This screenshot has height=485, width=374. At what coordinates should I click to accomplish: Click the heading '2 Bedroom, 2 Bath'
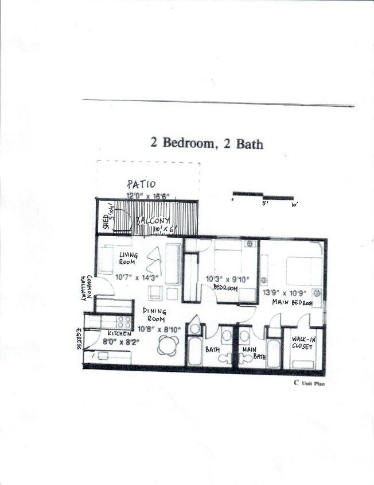[207, 143]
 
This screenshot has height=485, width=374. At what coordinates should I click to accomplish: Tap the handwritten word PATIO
[141, 185]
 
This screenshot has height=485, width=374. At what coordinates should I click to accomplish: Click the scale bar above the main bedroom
[263, 195]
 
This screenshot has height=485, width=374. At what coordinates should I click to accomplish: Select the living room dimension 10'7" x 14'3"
[137, 277]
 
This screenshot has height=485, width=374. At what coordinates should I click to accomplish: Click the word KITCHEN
[119, 333]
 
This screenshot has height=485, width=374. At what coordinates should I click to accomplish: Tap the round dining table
[169, 345]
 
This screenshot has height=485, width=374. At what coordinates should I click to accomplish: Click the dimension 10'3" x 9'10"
[221, 280]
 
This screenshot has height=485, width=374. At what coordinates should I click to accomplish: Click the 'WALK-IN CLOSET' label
[302, 343]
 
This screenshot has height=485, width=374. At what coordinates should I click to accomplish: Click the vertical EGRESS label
[79, 340]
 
